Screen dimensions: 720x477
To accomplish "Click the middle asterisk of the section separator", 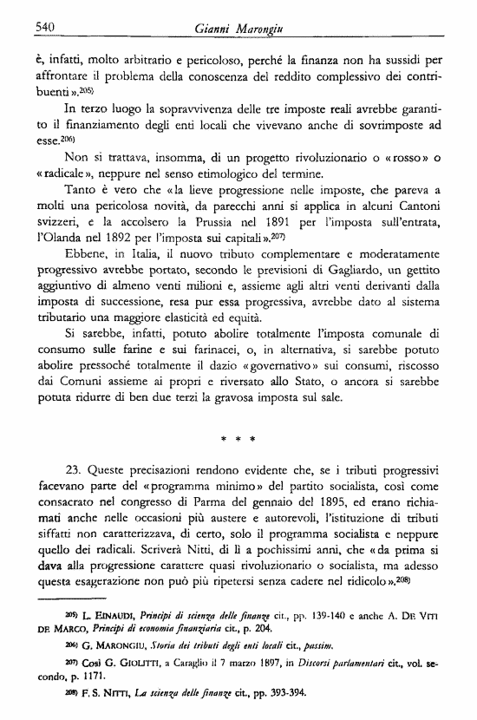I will tap(235, 440).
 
